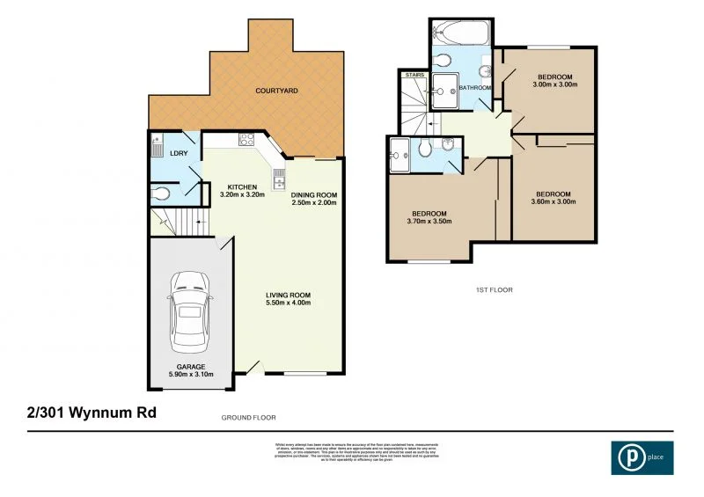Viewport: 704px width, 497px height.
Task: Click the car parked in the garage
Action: (190, 310)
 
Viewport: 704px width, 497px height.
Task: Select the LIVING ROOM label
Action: (289, 299)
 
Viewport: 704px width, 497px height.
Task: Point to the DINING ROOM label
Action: (314, 199)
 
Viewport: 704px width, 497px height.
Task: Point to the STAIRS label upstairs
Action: (414, 77)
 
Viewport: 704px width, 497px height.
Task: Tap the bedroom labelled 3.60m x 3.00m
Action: (554, 199)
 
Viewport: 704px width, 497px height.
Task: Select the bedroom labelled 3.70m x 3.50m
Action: (430, 218)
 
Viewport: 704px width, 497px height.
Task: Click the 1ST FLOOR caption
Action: (495, 289)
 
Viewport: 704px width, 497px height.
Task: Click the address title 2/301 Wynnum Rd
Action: (84, 411)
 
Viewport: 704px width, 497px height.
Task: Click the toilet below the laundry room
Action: (160, 192)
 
